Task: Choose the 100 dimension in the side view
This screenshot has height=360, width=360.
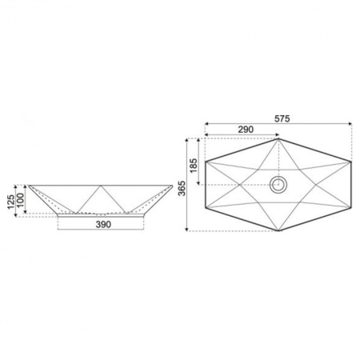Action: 21,198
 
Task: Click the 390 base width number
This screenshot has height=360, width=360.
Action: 102,225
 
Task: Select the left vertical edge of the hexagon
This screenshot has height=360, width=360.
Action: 206,185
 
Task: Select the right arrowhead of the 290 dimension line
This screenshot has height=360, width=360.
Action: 276,134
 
